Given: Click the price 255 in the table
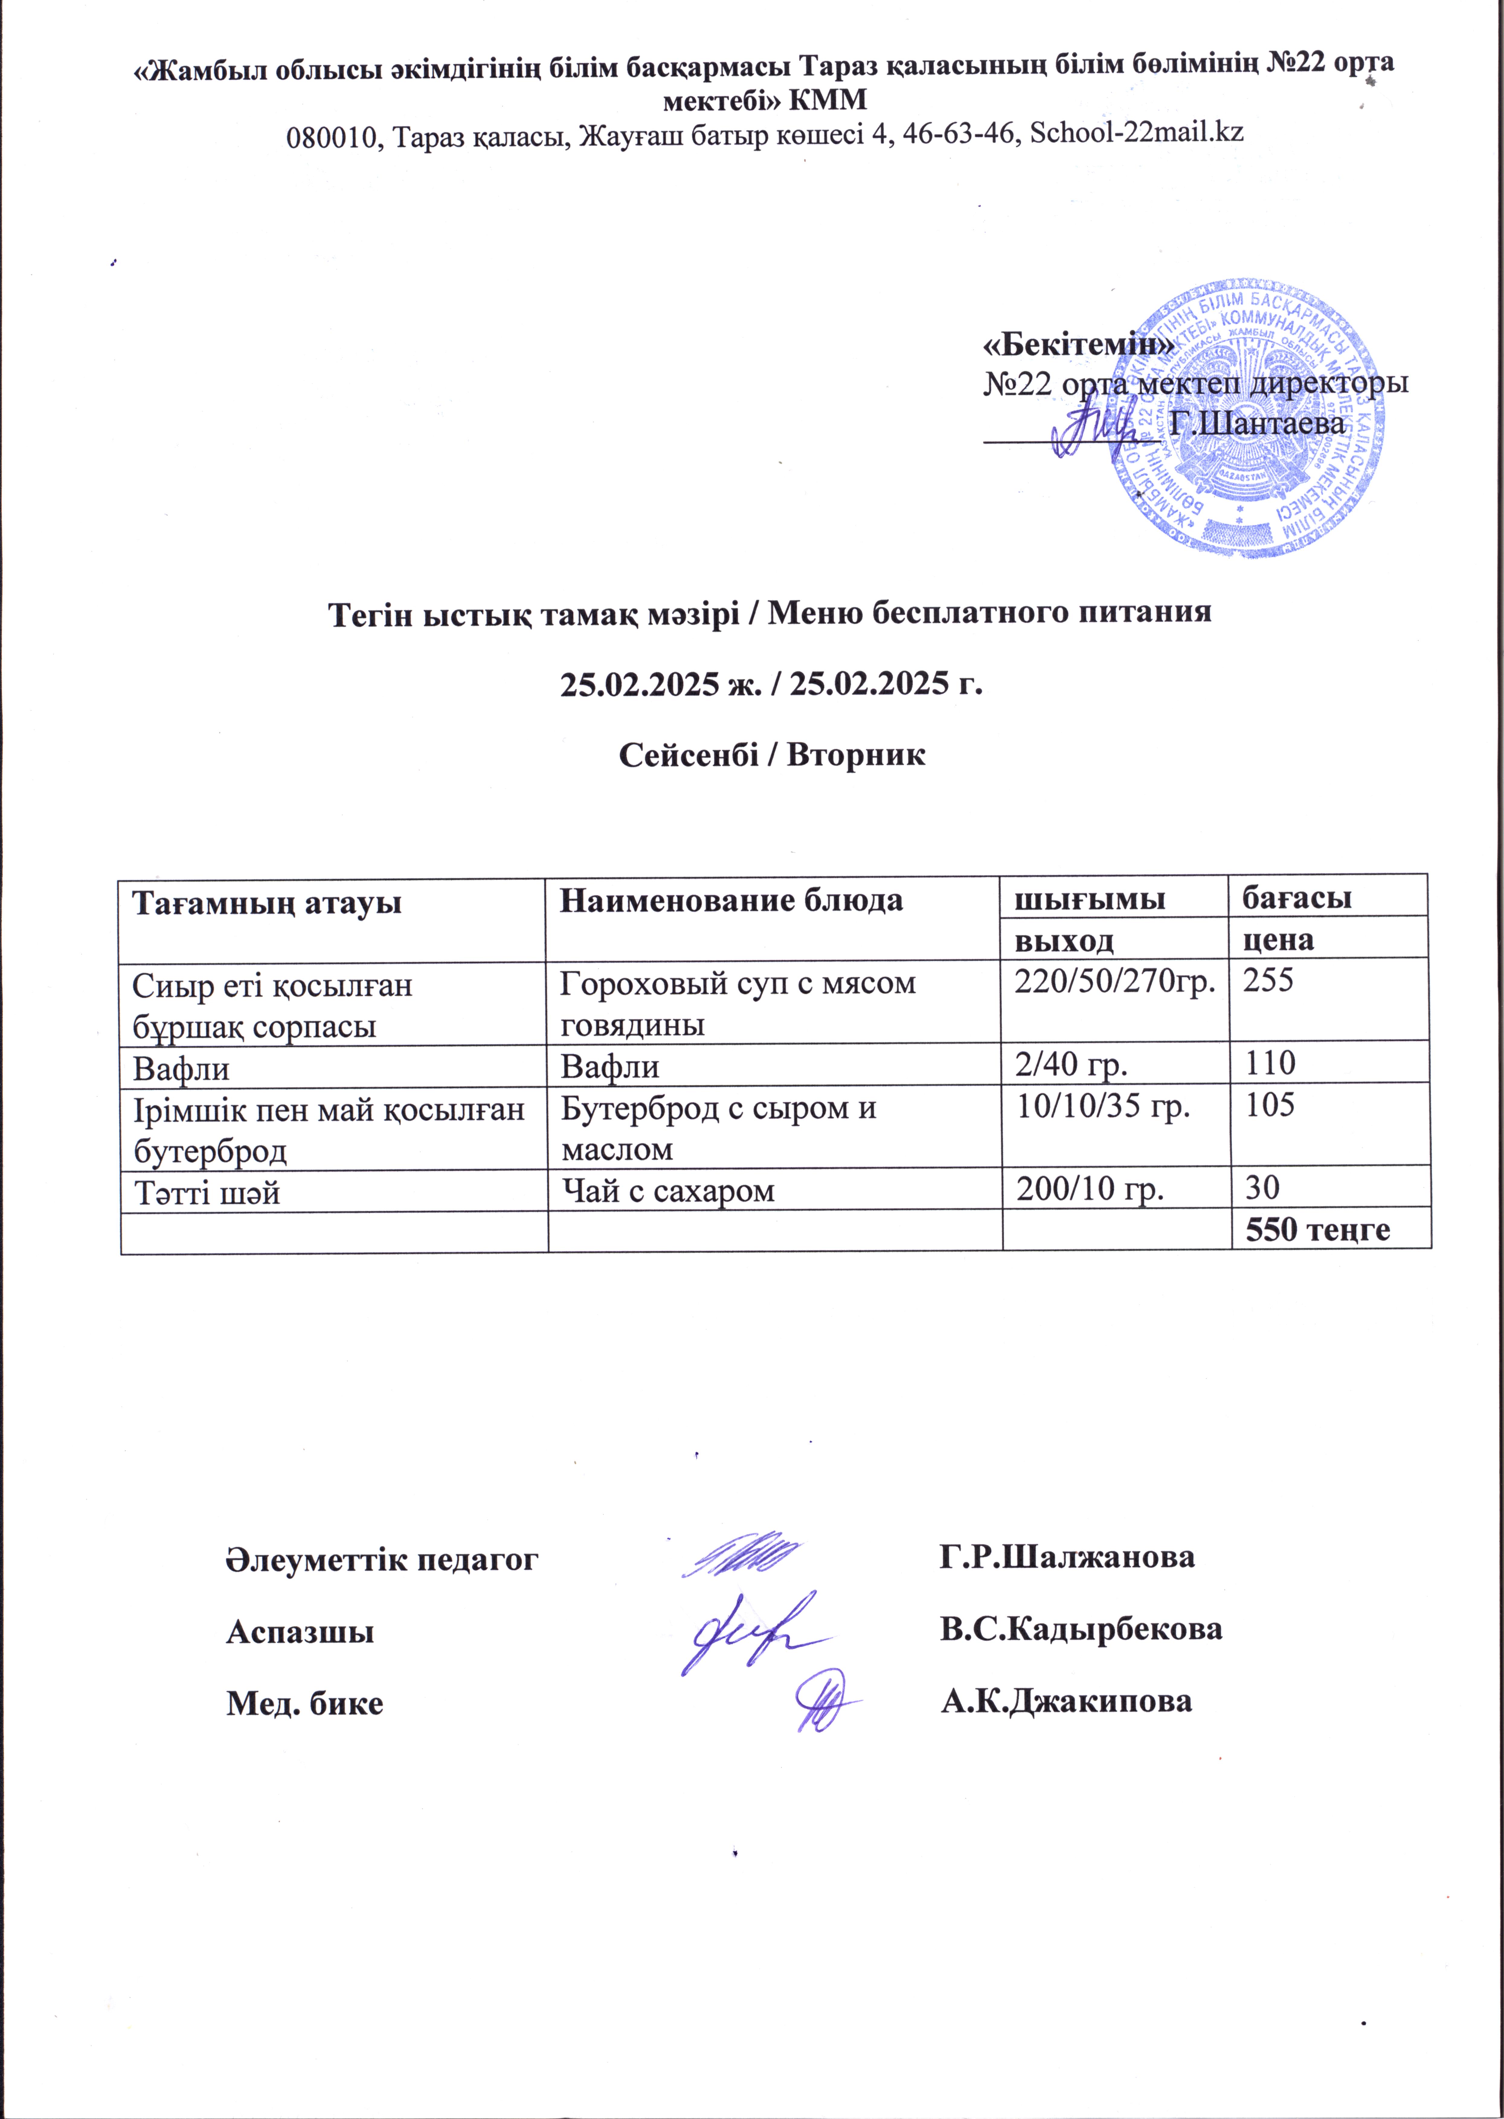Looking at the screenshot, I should [1268, 981].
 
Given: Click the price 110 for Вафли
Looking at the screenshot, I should [1269, 1063].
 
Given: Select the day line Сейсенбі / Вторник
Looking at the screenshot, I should [771, 755].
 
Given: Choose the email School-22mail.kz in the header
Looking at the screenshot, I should [1136, 132].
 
